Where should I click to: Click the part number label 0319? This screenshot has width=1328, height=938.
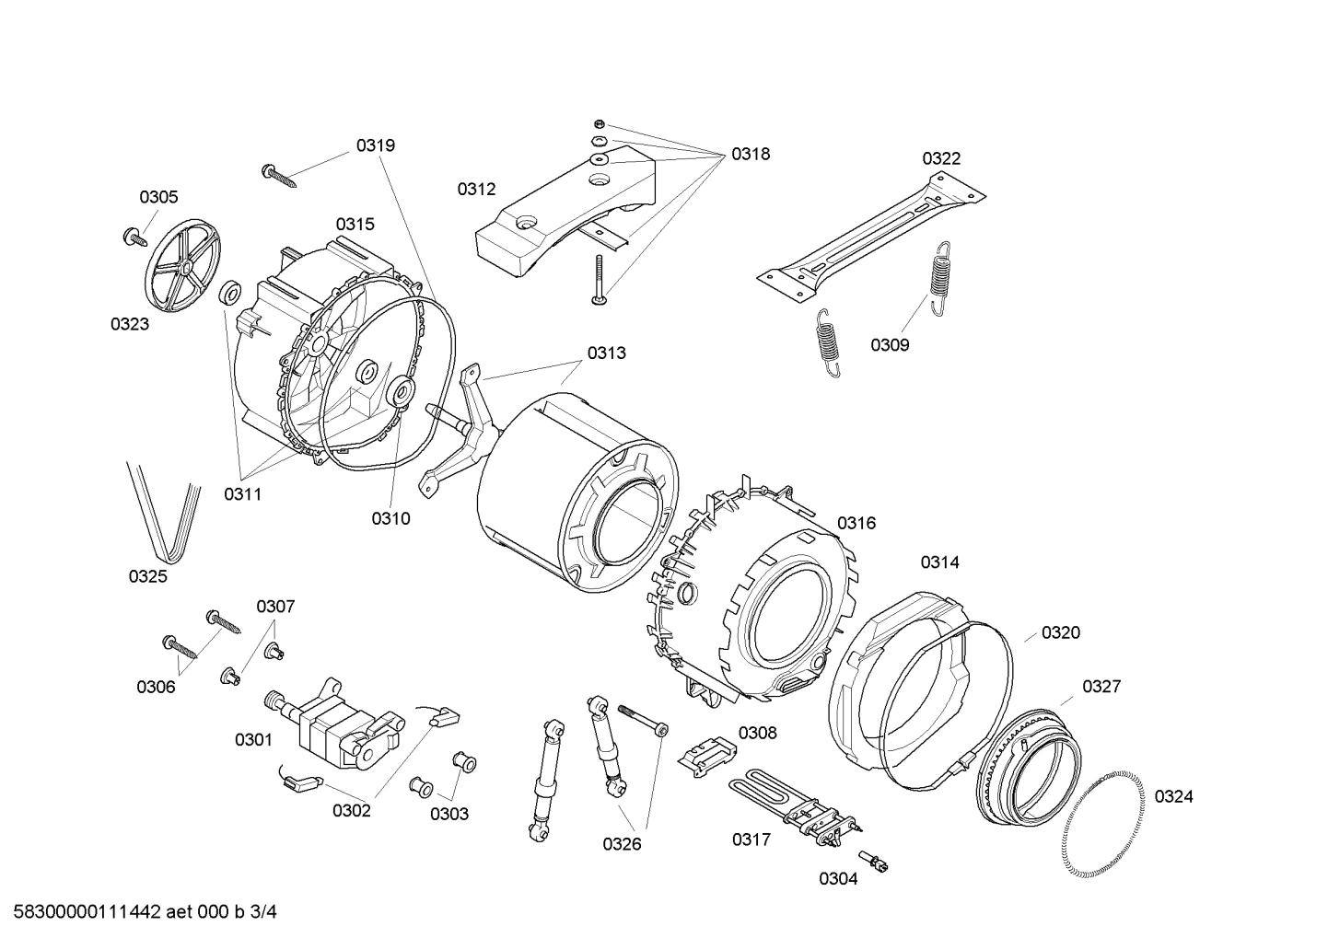[x=376, y=145]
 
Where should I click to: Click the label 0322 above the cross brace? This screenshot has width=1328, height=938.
[x=941, y=158]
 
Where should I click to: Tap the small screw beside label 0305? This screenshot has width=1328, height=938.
[x=135, y=237]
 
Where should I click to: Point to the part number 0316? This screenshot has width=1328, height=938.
[x=856, y=523]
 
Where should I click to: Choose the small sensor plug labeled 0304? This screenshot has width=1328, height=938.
[x=882, y=863]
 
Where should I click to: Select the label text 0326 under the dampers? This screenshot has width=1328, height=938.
[x=622, y=843]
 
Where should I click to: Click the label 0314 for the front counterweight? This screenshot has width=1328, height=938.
[x=939, y=562]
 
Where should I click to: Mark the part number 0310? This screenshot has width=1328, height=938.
[x=390, y=518]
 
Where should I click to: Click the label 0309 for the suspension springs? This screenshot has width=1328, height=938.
[x=890, y=345]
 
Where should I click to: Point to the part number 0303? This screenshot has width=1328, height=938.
[x=448, y=814]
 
